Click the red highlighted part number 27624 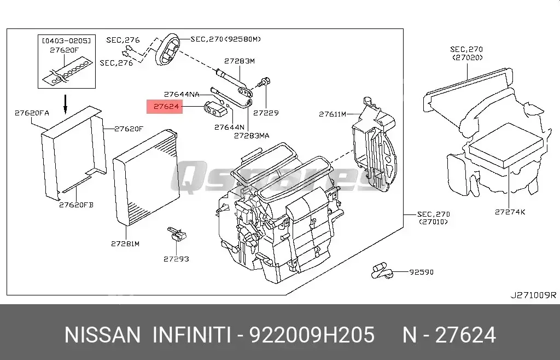(x=166, y=107)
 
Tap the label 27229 (x=266, y=113)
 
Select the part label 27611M (x=332, y=114)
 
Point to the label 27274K (x=510, y=212)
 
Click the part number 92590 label (x=422, y=272)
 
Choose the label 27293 (x=177, y=259)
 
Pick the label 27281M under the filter (x=125, y=244)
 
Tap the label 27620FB (x=76, y=205)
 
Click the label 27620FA (x=32, y=113)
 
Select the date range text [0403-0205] (x=66, y=40)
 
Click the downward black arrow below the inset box (x=66, y=104)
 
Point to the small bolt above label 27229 (x=264, y=83)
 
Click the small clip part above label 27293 (x=177, y=234)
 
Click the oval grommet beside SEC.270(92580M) (x=167, y=49)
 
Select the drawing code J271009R (x=533, y=295)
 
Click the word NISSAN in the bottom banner (x=102, y=335)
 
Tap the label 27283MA (x=252, y=136)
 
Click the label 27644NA (x=182, y=95)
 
